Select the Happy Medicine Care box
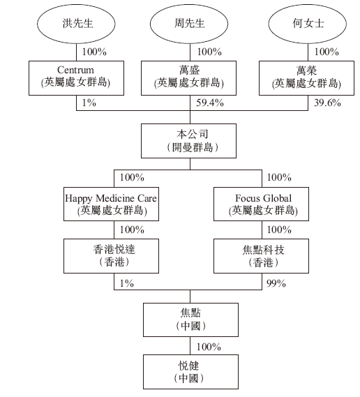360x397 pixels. [x=111, y=204]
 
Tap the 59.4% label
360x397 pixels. [x=207, y=103]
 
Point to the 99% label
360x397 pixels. [x=277, y=282]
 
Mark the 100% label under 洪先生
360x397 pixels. [x=93, y=52]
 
